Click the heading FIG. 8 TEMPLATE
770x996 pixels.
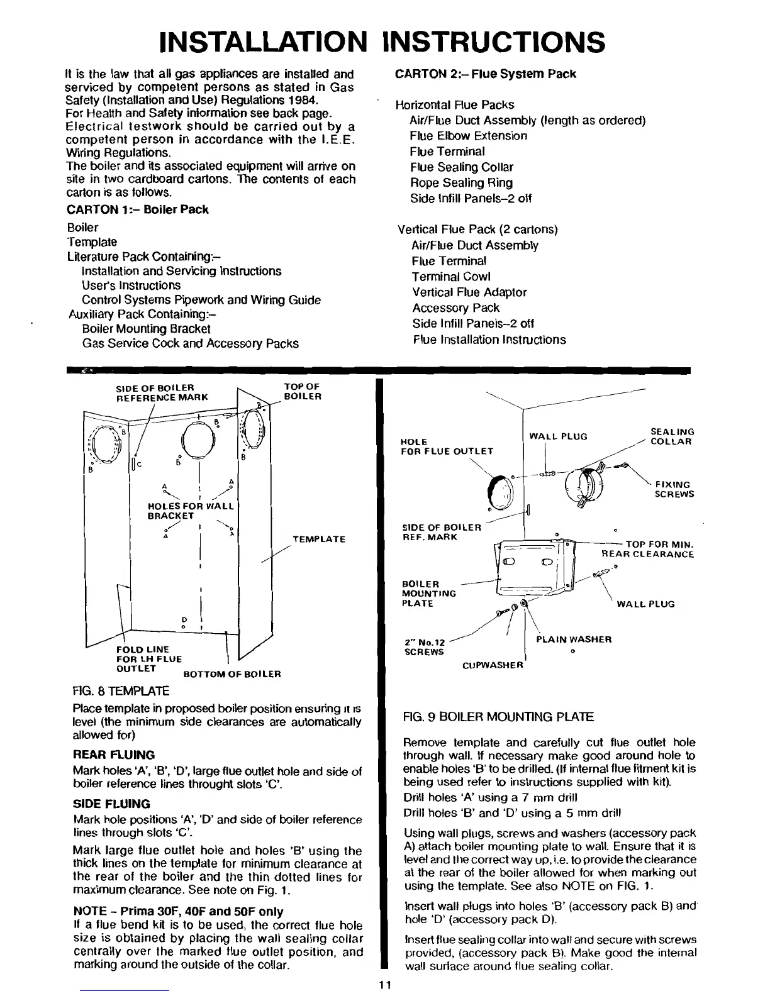point(121,691)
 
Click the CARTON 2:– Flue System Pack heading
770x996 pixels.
point(485,74)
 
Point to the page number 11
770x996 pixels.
point(386,985)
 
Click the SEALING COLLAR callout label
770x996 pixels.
point(671,436)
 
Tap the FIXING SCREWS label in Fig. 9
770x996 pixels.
point(674,489)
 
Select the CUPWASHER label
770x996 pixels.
point(493,665)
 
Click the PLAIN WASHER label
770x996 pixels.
point(573,639)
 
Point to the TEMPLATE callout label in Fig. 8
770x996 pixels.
point(319,539)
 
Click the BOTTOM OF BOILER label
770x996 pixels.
point(232,674)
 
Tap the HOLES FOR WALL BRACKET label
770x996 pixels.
point(190,511)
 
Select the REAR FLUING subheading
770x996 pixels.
point(114,755)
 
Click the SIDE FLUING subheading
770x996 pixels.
point(111,804)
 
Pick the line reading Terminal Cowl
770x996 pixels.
point(451,277)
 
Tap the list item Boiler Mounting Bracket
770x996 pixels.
point(146,329)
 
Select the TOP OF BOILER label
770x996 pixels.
point(302,391)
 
